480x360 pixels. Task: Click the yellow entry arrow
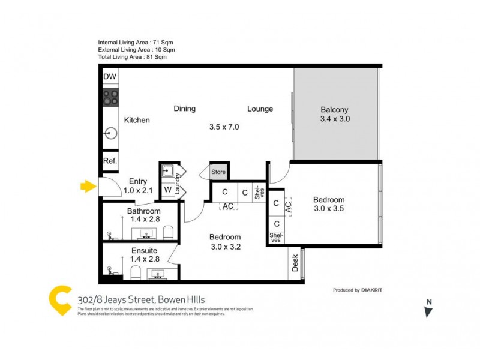tap(88, 187)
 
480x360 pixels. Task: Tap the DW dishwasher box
tap(110, 77)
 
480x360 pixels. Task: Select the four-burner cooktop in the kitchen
tap(110, 97)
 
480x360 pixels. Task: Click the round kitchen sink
tap(110, 133)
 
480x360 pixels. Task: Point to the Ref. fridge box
tap(110, 161)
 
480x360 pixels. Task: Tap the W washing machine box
tap(167, 190)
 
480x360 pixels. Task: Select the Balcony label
tap(335, 110)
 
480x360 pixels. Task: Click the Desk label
tap(295, 264)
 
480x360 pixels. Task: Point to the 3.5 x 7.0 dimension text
tap(224, 127)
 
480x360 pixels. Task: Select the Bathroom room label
tap(143, 211)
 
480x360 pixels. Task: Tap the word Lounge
tap(260, 109)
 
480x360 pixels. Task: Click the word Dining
tap(185, 109)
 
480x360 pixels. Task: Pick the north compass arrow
tap(428, 310)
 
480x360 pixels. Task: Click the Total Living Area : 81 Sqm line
tap(132, 58)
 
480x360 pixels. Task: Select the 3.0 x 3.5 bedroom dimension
tap(328, 209)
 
